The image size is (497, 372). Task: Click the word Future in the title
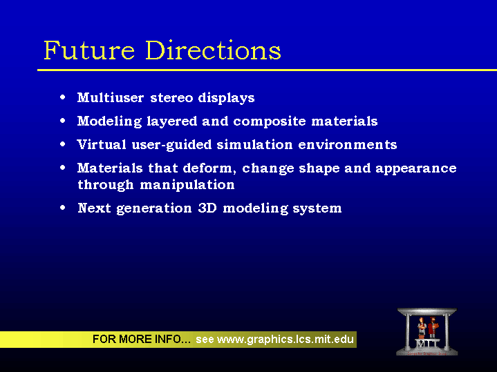tap(89, 50)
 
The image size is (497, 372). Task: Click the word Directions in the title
tap(214, 50)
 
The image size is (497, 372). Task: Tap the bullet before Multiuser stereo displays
tap(63, 97)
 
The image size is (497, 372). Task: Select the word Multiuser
tap(111, 97)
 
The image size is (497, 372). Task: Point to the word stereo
tap(171, 98)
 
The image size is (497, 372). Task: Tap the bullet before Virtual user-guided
tap(63, 144)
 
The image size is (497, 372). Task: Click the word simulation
tap(254, 145)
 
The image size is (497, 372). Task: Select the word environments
tap(348, 145)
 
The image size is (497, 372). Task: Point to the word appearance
tap(416, 168)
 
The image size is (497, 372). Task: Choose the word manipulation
tap(187, 184)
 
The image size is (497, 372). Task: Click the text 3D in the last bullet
tap(207, 208)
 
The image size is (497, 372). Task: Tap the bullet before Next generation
tap(63, 208)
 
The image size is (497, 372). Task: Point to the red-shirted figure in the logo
tap(432, 327)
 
